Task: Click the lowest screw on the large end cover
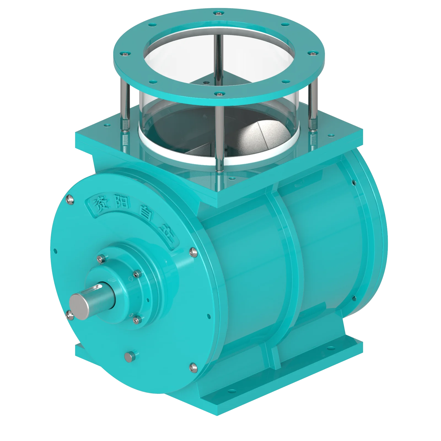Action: point(192,367)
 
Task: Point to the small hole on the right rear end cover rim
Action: point(353,182)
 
